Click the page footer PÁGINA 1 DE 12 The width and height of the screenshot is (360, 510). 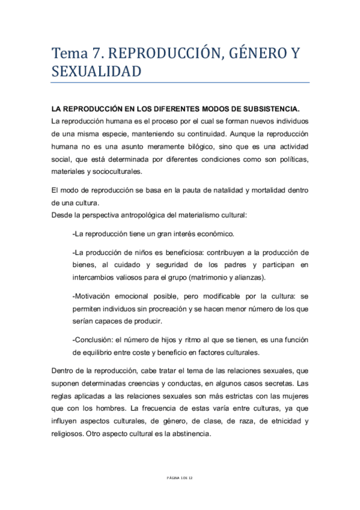(180, 478)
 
